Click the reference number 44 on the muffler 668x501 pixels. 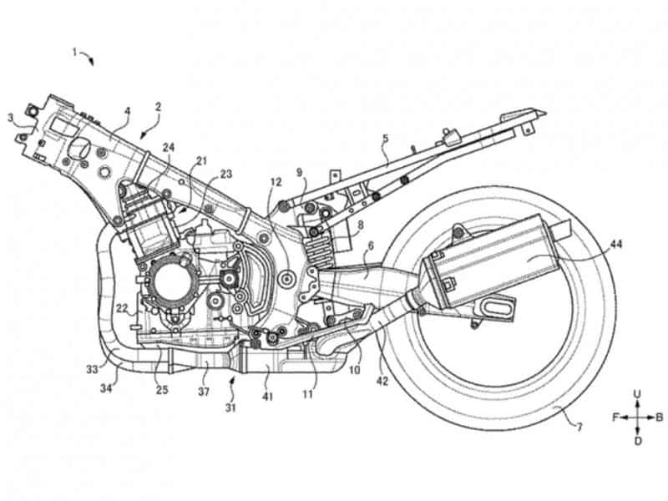click(x=615, y=244)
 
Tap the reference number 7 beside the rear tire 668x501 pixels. click(x=579, y=427)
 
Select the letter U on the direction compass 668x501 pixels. click(x=637, y=394)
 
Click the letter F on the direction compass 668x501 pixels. click(x=616, y=417)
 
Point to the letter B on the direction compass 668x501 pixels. click(x=659, y=417)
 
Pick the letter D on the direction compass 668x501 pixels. click(x=637, y=441)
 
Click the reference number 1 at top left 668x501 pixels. click(x=74, y=53)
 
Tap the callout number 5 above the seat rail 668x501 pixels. click(x=386, y=138)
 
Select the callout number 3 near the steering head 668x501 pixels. click(x=10, y=117)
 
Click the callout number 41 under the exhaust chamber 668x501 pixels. click(x=267, y=397)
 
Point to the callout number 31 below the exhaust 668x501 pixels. click(x=230, y=407)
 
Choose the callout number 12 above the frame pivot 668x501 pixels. click(x=276, y=182)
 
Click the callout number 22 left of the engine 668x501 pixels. click(x=122, y=308)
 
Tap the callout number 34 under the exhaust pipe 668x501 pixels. click(x=106, y=388)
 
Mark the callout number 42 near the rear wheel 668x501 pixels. click(x=382, y=381)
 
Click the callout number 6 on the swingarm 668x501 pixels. click(x=370, y=245)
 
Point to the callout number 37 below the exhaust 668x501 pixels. click(x=204, y=391)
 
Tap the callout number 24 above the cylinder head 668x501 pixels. click(x=169, y=148)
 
